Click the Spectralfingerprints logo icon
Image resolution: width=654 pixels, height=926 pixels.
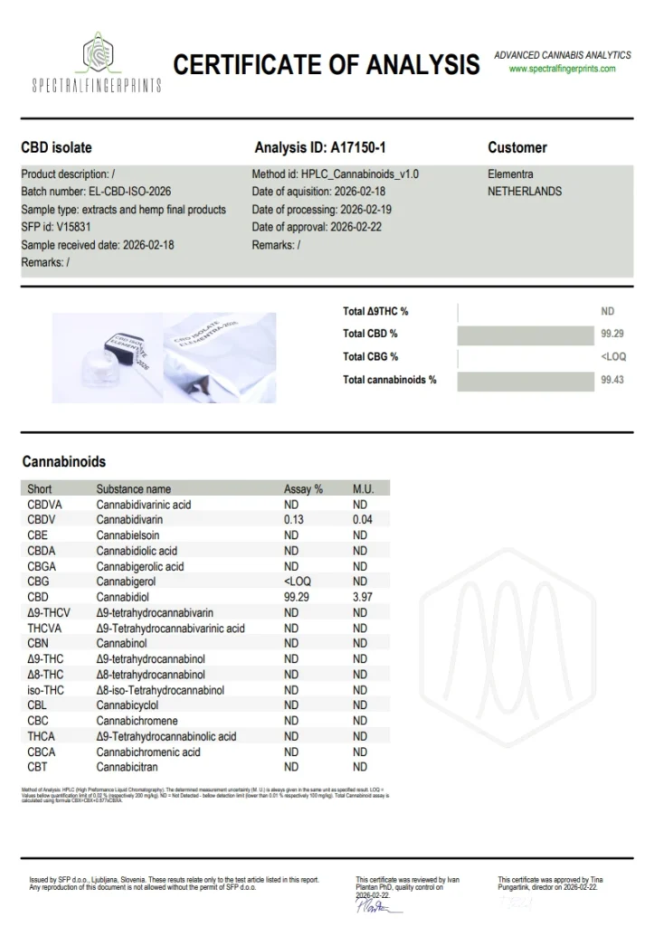point(97,52)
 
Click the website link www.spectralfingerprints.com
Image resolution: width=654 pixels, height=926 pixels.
point(561,69)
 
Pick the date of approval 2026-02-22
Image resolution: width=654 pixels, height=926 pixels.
point(355,227)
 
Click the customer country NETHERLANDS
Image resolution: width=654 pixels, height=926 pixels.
point(525,192)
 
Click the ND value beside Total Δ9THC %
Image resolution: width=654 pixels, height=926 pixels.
point(607,311)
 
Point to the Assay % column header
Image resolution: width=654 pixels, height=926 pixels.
point(303,489)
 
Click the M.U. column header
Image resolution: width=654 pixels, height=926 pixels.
point(363,489)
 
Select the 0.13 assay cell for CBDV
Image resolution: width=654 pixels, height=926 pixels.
point(293,520)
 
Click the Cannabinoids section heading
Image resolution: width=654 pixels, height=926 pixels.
point(63,462)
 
